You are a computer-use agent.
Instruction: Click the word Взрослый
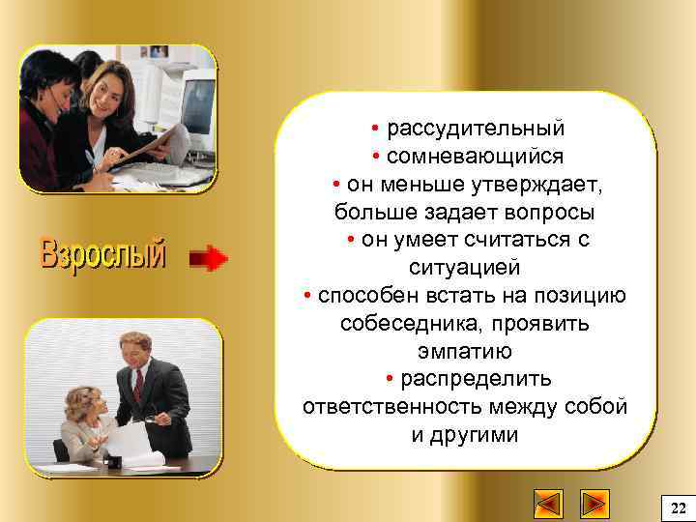(x=102, y=255)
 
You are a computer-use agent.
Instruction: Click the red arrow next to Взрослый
(x=209, y=259)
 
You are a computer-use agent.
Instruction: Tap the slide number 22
(x=678, y=507)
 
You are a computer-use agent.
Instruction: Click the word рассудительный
(x=475, y=129)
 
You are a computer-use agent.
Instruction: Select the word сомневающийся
(x=474, y=157)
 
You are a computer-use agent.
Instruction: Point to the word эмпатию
(x=465, y=351)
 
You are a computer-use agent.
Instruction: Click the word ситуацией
(x=465, y=267)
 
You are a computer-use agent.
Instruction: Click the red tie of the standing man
(x=138, y=386)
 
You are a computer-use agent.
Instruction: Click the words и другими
(x=465, y=435)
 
